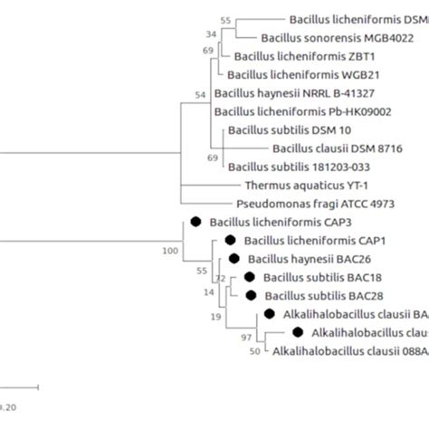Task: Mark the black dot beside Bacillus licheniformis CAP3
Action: (195, 221)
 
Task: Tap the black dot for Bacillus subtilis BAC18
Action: (248, 277)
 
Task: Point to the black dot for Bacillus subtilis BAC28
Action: (248, 295)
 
